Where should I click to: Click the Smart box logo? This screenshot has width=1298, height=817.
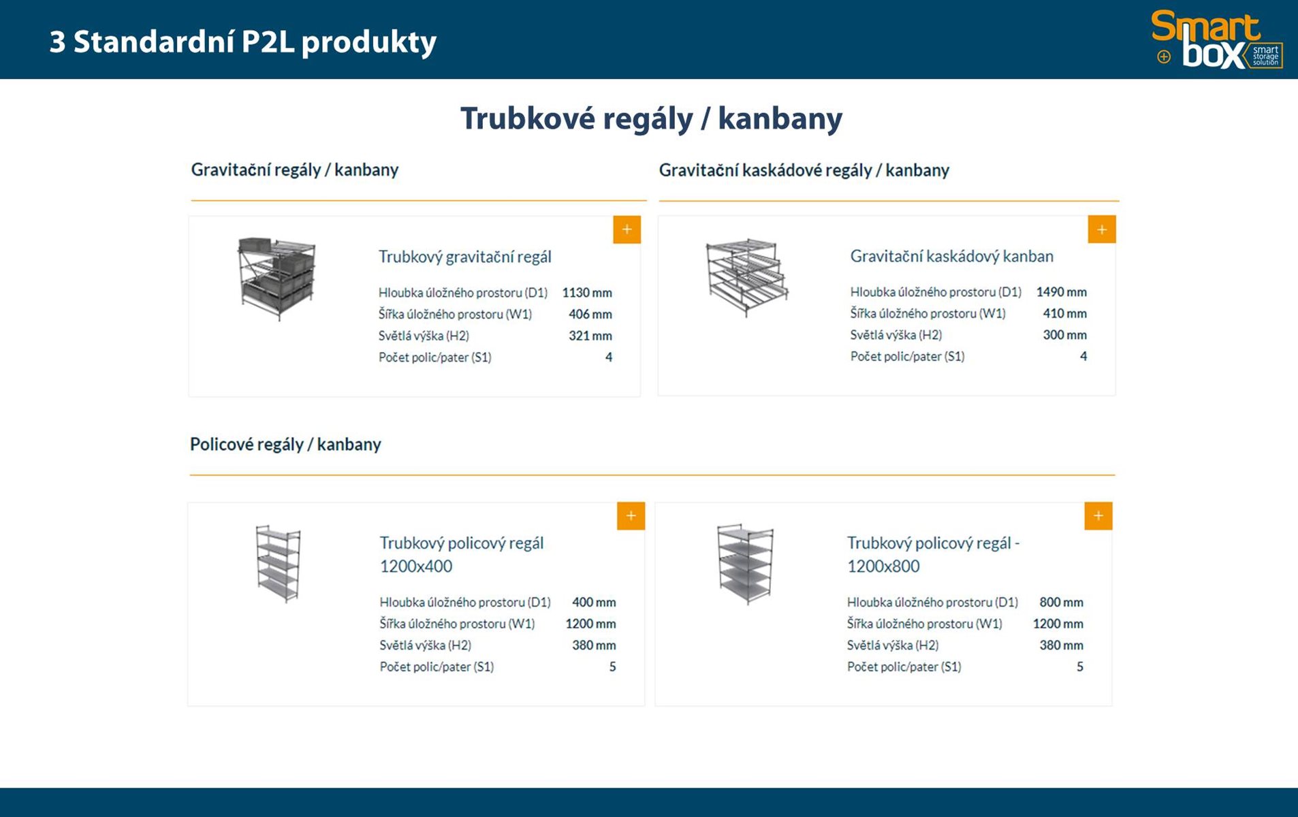click(x=1216, y=39)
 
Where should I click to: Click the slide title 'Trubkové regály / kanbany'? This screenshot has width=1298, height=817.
click(x=651, y=118)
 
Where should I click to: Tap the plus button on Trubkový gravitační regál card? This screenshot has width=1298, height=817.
click(x=627, y=229)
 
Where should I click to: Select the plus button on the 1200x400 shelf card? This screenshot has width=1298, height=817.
click(x=631, y=516)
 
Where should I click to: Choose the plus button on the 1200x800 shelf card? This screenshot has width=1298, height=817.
click(x=1098, y=516)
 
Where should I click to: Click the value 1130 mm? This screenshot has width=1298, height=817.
click(x=586, y=293)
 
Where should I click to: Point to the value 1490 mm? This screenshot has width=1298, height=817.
click(x=1061, y=292)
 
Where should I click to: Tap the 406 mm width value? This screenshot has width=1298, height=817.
click(x=590, y=314)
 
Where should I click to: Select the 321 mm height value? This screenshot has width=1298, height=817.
click(x=590, y=336)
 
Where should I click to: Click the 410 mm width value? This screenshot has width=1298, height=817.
click(x=1064, y=313)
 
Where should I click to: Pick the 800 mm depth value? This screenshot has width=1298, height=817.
click(x=1061, y=602)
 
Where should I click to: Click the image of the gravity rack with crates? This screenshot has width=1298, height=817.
click(x=277, y=278)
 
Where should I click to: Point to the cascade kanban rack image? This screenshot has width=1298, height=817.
click(x=746, y=276)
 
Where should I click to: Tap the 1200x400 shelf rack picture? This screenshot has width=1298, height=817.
click(x=278, y=563)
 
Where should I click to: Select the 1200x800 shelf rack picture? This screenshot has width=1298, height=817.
click(x=746, y=564)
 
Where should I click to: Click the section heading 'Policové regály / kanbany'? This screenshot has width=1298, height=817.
click(x=285, y=445)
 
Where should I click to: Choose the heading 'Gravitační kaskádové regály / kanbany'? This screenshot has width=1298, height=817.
click(x=804, y=170)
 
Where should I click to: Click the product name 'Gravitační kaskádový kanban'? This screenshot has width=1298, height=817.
click(x=951, y=257)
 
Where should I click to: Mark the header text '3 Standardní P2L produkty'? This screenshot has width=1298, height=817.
click(x=242, y=42)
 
